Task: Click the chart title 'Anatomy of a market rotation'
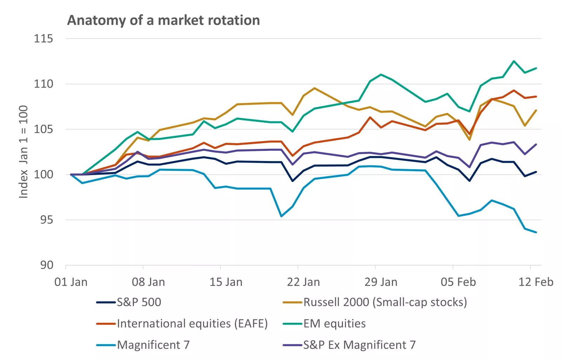[x=163, y=20]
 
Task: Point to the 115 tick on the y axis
[x=43, y=39]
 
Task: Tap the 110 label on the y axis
[x=43, y=84]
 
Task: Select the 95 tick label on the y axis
[x=46, y=220]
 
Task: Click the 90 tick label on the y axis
[x=46, y=265]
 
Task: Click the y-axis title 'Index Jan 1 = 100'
[x=23, y=152]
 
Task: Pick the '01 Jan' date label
[x=71, y=282]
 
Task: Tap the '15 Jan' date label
[x=226, y=282]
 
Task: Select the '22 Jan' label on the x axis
[x=303, y=282]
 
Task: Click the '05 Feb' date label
[x=458, y=282]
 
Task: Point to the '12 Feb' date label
[x=535, y=282]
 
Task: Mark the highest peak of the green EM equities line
[x=514, y=61]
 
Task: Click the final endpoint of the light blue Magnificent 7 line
[x=536, y=232]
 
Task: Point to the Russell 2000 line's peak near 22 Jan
[x=315, y=88]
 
